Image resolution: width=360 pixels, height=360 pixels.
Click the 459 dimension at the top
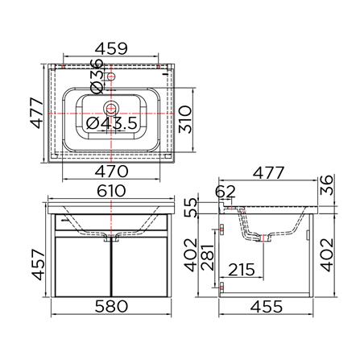pos(111,48)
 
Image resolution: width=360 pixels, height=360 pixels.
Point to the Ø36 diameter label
pos(97,77)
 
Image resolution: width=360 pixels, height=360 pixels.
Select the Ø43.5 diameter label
pos(112,123)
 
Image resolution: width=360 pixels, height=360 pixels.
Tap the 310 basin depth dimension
pos(185,119)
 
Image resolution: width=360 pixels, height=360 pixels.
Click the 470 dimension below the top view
pos(111,171)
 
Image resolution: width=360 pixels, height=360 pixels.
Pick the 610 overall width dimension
pos(111,191)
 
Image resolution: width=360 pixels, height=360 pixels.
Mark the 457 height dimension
pos(37,265)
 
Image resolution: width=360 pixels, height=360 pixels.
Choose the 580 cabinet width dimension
pos(111,306)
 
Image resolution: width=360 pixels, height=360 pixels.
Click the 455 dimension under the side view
pos(267,306)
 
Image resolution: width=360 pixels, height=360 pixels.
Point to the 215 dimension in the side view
pos(241,270)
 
